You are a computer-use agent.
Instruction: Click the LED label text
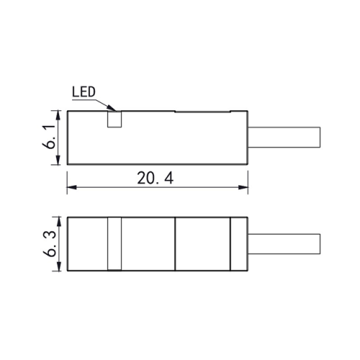click(x=84, y=92)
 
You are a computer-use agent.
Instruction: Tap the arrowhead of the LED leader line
click(x=112, y=108)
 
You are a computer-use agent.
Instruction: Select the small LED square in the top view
click(x=114, y=119)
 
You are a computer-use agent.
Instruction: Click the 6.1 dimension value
click(x=49, y=138)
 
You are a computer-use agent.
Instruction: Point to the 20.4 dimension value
click(x=155, y=179)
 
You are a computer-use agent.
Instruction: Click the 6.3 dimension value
click(x=50, y=245)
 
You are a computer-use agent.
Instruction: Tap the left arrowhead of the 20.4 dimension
click(x=72, y=187)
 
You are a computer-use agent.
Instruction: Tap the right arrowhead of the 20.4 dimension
click(x=243, y=187)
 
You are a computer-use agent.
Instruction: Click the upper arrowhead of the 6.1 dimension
click(x=58, y=116)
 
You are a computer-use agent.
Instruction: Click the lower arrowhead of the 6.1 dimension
click(x=58, y=160)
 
